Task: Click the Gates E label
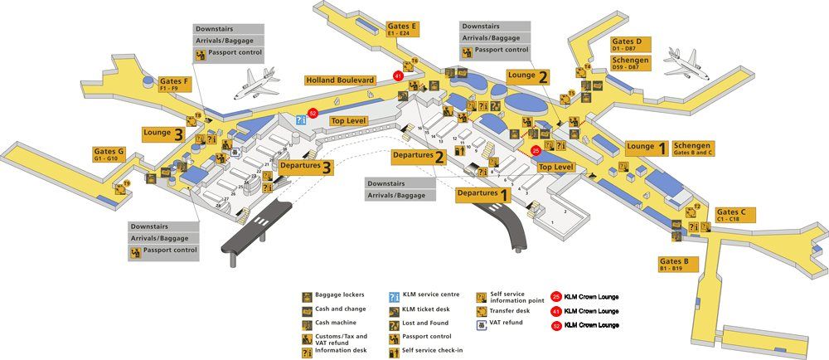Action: click(x=402, y=30)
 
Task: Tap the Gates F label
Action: click(x=175, y=83)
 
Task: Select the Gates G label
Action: click(x=109, y=154)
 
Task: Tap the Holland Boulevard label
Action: click(x=340, y=80)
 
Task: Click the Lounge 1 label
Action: click(x=647, y=147)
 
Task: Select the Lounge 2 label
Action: click(x=528, y=76)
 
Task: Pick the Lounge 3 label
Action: click(x=162, y=133)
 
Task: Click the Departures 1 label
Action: click(x=482, y=194)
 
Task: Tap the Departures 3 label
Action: click(x=307, y=167)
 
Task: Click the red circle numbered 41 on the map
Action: click(x=399, y=75)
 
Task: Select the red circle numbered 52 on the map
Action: click(x=313, y=113)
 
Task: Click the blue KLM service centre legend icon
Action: click(x=395, y=296)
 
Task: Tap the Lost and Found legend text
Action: click(x=424, y=324)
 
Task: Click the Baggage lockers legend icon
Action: click(x=307, y=296)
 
